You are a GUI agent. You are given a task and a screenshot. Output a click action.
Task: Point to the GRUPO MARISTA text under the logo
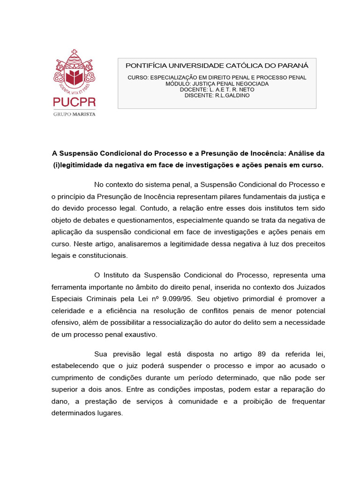75,113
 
